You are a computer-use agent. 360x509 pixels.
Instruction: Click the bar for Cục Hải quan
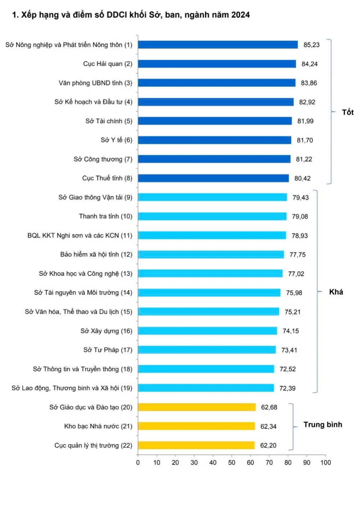tap(217, 64)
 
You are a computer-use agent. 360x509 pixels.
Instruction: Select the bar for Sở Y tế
tap(215, 140)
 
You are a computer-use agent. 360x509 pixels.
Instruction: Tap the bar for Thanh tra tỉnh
tap(212, 216)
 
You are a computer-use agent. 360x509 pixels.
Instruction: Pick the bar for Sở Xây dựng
tap(207, 331)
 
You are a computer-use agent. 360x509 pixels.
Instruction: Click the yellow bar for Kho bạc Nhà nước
tap(196, 426)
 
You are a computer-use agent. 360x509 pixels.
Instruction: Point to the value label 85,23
tap(311, 45)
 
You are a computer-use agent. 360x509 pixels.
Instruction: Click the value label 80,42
tap(302, 179)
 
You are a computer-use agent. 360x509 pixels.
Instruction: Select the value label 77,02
tap(296, 274)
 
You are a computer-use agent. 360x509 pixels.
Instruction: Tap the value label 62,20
tap(268, 446)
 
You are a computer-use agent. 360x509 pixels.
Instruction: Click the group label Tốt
tap(348, 112)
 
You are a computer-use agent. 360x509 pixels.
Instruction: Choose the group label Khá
tap(336, 292)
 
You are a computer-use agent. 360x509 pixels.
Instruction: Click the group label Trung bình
tap(323, 425)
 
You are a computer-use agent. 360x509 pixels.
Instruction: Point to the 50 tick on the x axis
tap(231, 463)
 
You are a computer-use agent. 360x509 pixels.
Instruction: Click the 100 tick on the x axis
tap(325, 463)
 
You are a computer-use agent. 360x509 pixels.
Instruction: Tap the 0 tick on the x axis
tap(138, 463)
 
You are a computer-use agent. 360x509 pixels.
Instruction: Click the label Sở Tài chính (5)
tap(109, 121)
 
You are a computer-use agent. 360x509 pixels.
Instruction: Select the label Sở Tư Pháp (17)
tap(108, 350)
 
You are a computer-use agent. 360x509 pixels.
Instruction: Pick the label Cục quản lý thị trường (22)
tap(93, 445)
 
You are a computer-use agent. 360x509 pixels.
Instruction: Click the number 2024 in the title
tap(240, 15)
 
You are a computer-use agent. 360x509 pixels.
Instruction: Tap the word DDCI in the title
tap(117, 15)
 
